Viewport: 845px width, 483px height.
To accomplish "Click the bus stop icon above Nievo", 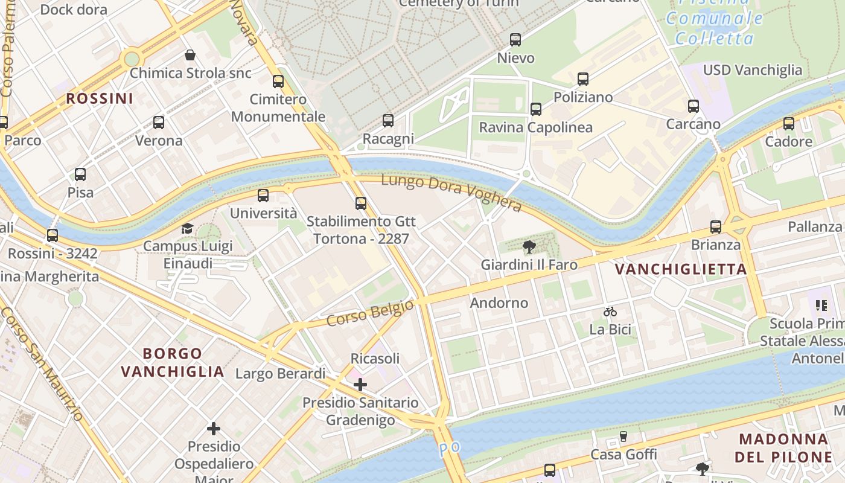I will click(x=515, y=40).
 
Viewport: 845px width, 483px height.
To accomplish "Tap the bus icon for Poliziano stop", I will click(x=582, y=79).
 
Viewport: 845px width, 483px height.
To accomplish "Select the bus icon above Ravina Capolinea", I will click(x=535, y=109).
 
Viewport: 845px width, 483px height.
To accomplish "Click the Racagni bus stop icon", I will click(x=387, y=121).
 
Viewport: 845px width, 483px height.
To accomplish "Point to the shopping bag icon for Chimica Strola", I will click(x=190, y=55).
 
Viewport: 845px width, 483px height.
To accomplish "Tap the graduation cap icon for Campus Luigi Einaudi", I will click(x=187, y=228).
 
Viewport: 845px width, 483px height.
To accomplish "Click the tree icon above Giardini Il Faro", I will click(x=529, y=246).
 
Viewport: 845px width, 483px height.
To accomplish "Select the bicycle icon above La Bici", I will click(x=610, y=312).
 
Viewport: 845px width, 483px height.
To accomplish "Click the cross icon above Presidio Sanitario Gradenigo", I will click(x=360, y=384).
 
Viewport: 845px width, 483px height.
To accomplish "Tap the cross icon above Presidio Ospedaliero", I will click(x=213, y=429).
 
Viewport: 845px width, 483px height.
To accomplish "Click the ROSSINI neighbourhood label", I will click(x=100, y=98).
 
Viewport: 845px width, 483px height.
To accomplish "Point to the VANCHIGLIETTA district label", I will click(x=681, y=269).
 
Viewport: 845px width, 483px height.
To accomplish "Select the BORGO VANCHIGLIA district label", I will click(x=173, y=362).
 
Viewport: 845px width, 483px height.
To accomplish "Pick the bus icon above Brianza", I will click(x=715, y=227).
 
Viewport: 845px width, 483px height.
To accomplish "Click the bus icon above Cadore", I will click(x=788, y=124).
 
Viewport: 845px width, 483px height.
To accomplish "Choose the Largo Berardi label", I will click(x=280, y=374).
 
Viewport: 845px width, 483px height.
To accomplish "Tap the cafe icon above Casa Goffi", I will click(x=623, y=437).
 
